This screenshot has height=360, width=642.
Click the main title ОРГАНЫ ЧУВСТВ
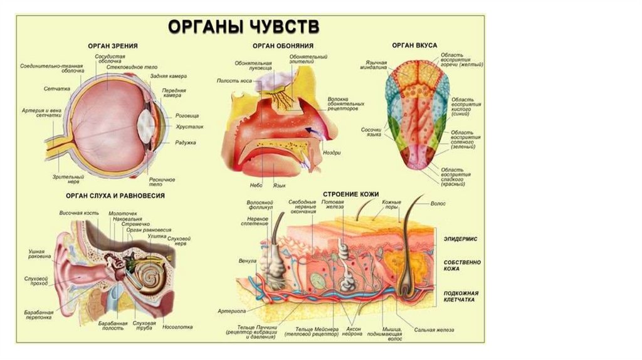coord(243,27)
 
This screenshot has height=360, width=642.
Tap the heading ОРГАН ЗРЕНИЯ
coord(113,46)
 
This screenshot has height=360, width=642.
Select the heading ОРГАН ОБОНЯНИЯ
coord(283,46)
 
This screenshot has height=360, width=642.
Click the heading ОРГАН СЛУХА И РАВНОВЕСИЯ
coord(115,196)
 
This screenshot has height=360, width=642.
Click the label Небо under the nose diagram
coord(256,186)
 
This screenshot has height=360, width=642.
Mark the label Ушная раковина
coord(40,254)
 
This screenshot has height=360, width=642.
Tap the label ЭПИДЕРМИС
coord(461,239)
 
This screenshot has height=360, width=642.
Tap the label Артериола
coord(231,310)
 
